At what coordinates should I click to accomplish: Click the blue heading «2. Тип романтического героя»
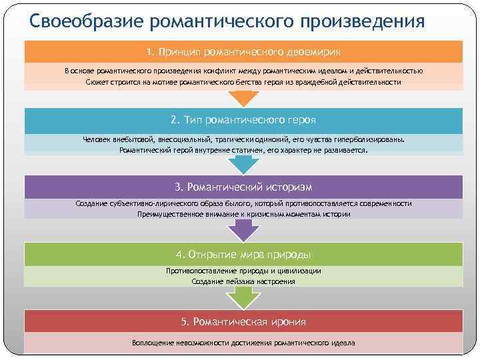[243, 120]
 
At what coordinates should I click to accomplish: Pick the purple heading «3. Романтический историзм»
[243, 187]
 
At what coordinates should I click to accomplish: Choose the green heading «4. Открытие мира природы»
[243, 255]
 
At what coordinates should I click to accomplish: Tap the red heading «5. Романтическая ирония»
[243, 322]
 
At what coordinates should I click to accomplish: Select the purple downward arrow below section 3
[243, 231]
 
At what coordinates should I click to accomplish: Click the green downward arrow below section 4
[243, 299]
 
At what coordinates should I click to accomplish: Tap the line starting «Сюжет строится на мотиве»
[243, 82]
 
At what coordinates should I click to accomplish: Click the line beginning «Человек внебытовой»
[243, 140]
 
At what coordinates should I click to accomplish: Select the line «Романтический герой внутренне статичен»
[243, 150]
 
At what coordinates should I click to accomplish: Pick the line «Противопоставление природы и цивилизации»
[243, 271]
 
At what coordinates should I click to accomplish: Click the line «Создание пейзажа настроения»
[243, 281]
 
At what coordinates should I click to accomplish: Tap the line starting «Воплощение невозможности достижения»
[243, 343]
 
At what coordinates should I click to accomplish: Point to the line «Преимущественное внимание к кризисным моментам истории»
[243, 214]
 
